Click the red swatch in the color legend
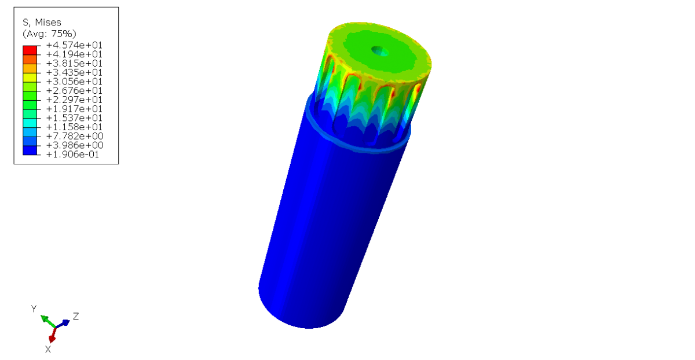point(30,50)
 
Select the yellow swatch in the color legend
point(30,78)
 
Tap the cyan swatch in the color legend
point(30,123)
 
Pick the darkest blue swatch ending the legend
point(30,150)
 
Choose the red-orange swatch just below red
point(30,59)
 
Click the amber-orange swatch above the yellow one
point(30,68)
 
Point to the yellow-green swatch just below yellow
point(30,86)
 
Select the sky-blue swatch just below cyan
point(30,132)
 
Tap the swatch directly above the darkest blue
point(30,141)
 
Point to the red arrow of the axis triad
point(53,335)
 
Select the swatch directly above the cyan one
point(30,114)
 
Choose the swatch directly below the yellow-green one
point(30,95)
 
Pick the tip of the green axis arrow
point(42,317)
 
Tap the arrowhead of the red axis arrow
point(52,340)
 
